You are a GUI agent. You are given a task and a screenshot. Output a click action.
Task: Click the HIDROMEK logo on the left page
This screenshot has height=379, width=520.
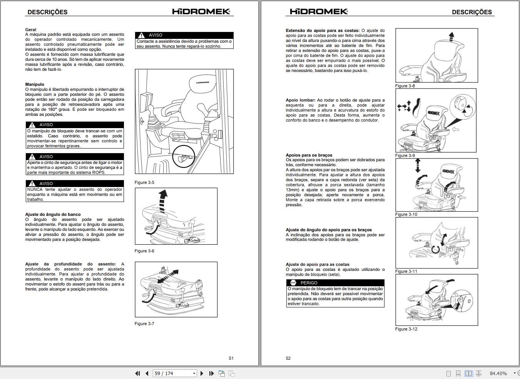coord(201,12)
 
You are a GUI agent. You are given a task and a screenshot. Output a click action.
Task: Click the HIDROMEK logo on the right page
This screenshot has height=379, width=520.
coord(319,12)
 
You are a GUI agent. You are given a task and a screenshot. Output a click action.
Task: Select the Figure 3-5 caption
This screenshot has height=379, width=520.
coord(144,182)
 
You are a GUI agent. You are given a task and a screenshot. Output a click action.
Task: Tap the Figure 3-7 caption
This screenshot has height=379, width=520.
coord(144,324)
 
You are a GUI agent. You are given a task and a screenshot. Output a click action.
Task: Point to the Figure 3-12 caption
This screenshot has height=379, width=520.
coord(406,329)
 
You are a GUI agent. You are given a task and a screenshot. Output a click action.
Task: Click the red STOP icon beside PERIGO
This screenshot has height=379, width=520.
coord(293,283)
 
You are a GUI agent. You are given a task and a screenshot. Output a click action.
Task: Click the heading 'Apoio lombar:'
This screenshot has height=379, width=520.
coord(301,100)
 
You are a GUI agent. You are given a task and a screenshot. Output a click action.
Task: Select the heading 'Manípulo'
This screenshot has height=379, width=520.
coord(35,84)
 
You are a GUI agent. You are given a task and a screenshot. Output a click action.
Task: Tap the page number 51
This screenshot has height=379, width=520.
coord(231,358)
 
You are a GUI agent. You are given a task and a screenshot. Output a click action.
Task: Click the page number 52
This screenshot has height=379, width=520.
coord(288,358)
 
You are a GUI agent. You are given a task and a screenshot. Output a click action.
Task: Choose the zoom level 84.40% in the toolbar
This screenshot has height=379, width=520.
coord(498,373)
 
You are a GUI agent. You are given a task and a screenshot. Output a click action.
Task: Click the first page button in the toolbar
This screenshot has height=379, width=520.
coord(137,373)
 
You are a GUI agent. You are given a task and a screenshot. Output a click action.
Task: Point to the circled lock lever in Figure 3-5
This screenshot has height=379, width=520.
coord(181,157)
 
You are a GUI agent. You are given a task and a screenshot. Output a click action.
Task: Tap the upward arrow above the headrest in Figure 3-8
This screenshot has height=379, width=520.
coord(451,36)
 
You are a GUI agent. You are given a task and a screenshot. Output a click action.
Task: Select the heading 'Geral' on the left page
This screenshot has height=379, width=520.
coord(31,30)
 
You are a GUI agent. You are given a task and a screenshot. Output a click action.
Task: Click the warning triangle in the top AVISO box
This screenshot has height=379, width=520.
coord(142,35)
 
